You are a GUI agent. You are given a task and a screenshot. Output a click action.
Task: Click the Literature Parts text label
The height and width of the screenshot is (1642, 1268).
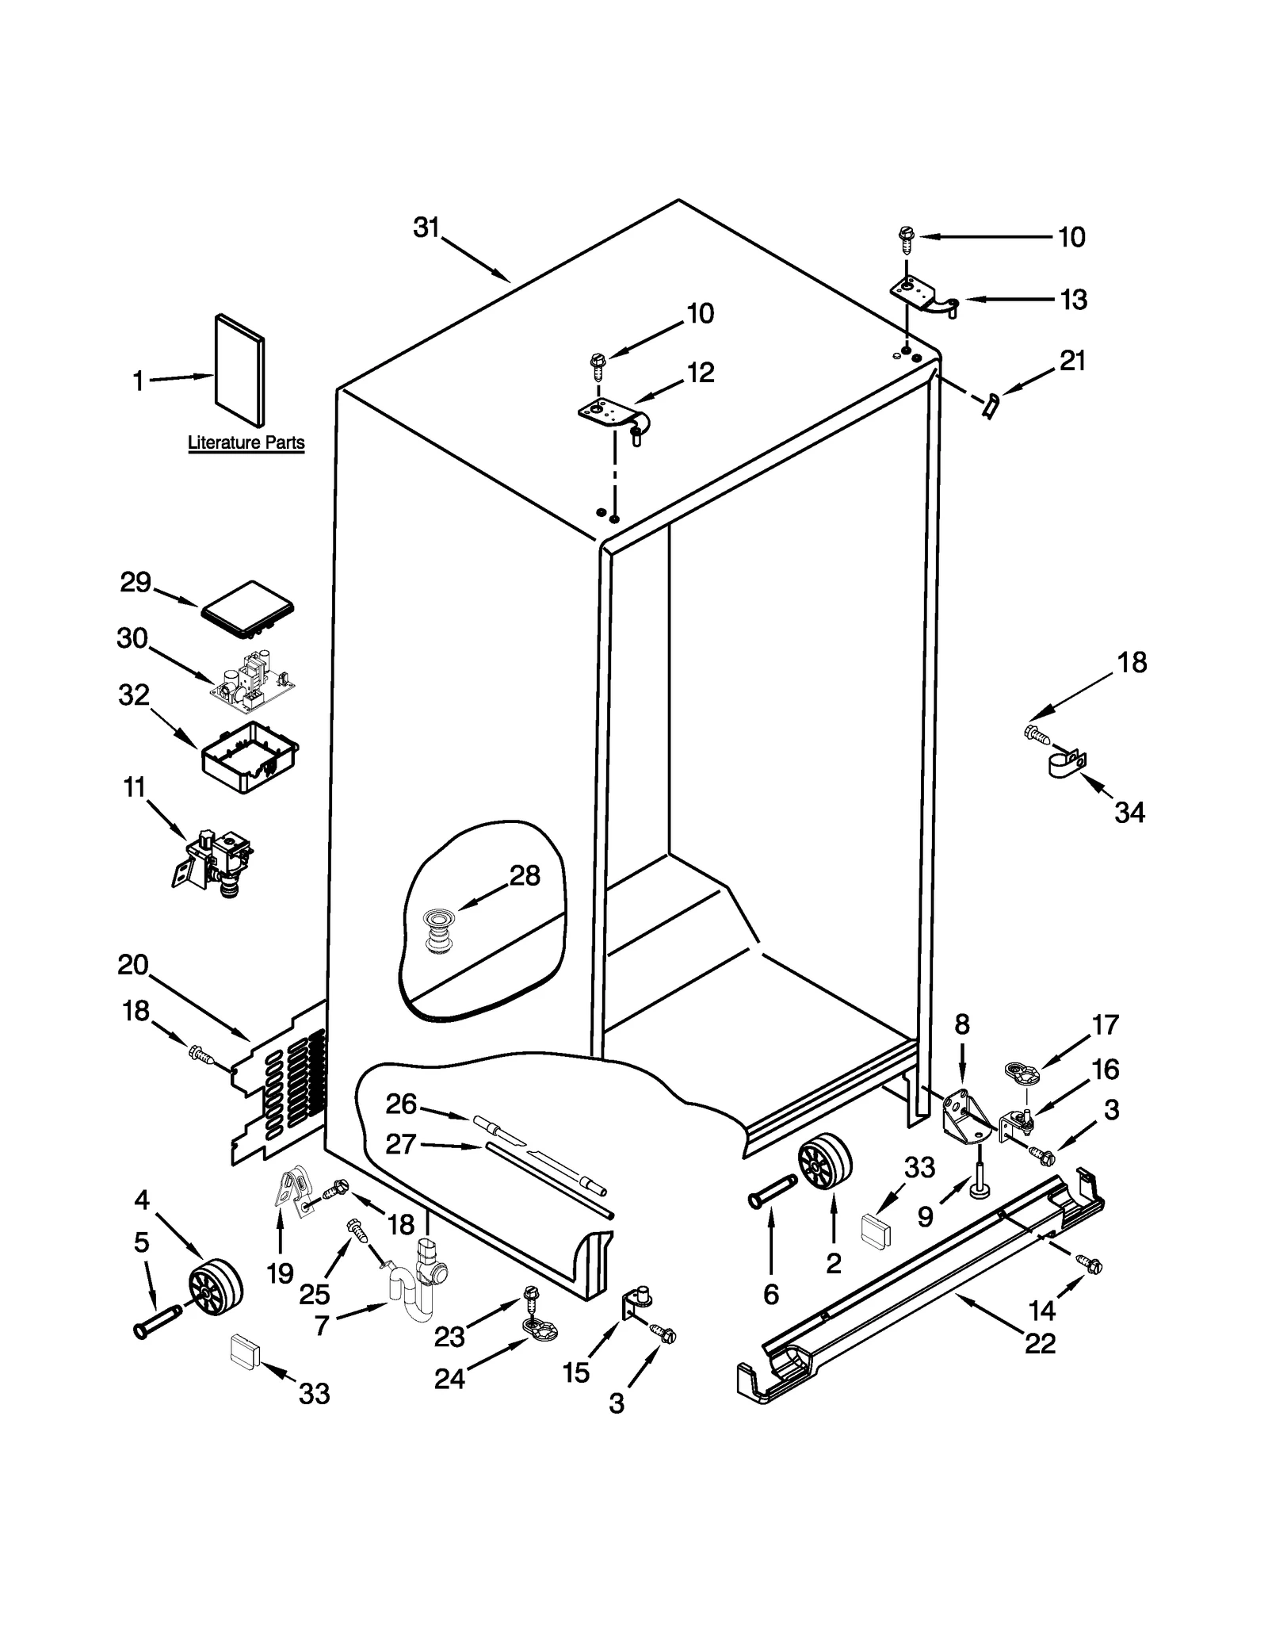[x=246, y=442]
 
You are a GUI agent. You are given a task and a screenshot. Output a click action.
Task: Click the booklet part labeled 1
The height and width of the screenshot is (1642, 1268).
[x=240, y=370]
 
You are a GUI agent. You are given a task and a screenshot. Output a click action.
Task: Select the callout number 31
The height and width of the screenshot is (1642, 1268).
[x=426, y=228]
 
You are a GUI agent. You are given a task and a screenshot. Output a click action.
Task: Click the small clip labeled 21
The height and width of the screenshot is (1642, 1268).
[x=989, y=406]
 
